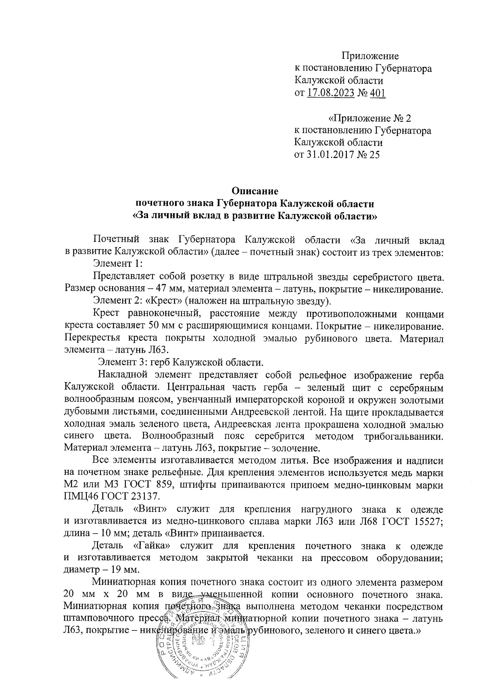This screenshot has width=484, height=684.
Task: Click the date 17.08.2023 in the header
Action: click(x=331, y=94)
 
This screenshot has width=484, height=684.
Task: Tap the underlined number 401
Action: click(x=378, y=94)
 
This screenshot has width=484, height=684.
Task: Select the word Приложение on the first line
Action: click(x=370, y=56)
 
